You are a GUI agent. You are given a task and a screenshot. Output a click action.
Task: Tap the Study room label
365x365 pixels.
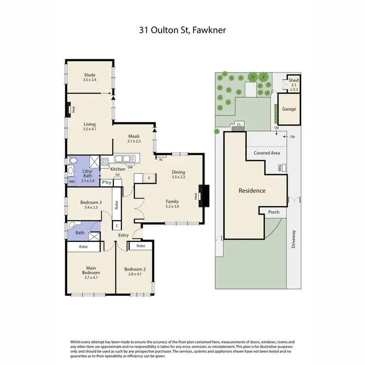pos(90,77)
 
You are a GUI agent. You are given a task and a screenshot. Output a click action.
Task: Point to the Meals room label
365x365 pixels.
pos(134,139)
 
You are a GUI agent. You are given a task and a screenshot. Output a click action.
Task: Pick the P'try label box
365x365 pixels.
pos(107,182)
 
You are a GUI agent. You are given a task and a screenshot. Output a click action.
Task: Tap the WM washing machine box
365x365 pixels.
pos(72,181)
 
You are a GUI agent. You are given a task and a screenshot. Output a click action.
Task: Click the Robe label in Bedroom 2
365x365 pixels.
pos(141,246)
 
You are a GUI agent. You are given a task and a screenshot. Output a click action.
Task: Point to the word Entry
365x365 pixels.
pos(123,236)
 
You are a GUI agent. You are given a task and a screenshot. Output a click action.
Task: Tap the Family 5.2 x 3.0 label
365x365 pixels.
pos(172,204)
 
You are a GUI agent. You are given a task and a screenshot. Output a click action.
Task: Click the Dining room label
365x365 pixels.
pos(179,174)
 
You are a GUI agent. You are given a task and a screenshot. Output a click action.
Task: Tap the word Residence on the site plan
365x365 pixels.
pos(252,190)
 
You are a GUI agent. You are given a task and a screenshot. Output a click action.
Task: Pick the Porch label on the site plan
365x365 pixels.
pos(274,212)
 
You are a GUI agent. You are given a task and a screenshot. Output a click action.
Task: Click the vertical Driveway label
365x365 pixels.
pos(294,239)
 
